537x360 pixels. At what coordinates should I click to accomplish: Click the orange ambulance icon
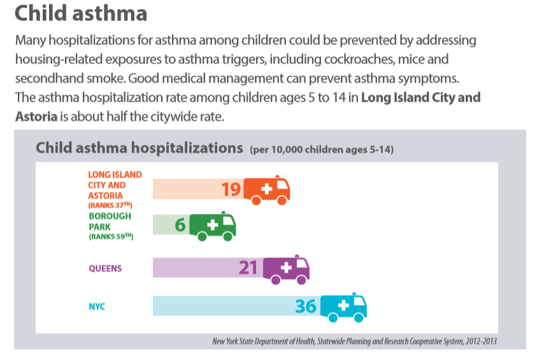267,190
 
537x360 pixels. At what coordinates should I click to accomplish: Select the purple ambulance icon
286,269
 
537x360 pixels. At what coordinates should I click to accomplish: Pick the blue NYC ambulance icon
343,307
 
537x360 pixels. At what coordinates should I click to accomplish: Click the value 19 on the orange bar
231,189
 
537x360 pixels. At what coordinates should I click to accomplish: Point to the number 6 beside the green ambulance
180,226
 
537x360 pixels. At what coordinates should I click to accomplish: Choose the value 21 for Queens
248,268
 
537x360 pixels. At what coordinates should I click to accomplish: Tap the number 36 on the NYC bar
306,306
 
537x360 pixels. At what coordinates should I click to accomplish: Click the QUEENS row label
105,268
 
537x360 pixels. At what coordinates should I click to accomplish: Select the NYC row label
97,306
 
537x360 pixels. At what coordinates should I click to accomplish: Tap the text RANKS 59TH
110,237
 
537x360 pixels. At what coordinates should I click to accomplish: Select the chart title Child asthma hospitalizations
140,148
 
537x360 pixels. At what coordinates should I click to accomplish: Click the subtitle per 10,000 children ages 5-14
322,150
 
